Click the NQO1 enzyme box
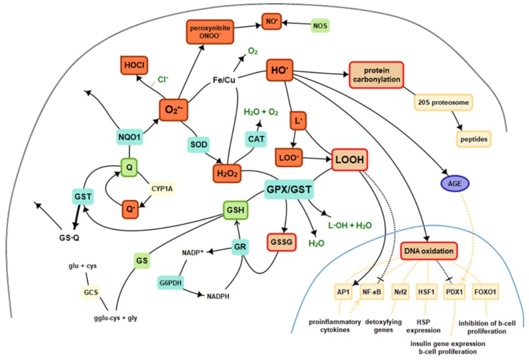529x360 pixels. [130, 138]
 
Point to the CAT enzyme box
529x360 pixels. [256, 139]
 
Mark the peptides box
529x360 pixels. [474, 139]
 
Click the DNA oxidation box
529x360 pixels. [428, 251]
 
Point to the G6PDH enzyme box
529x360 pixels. [170, 283]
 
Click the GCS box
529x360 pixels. [91, 292]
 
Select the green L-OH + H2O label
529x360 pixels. [350, 226]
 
